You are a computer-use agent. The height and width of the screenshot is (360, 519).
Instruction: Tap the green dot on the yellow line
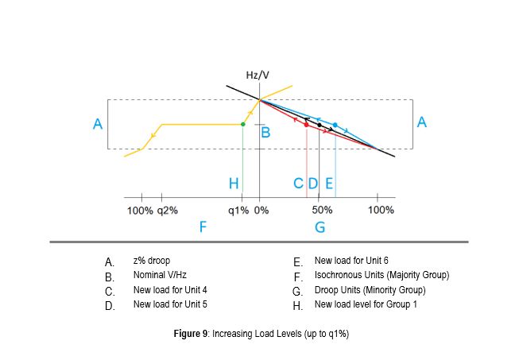(x=242, y=124)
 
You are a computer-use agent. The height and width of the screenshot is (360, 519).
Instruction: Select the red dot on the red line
(x=306, y=125)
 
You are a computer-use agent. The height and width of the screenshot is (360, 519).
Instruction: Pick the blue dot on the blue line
(x=335, y=125)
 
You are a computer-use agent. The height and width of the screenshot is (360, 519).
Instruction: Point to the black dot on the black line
(x=320, y=125)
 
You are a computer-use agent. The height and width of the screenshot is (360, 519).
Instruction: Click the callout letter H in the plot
(x=234, y=184)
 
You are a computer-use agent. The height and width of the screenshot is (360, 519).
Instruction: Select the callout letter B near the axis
(x=267, y=133)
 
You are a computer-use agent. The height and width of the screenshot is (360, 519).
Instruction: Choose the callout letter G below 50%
(x=320, y=227)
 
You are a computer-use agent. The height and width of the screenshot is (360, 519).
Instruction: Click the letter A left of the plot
(x=98, y=123)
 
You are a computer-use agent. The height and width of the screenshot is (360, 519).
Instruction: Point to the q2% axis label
(x=168, y=211)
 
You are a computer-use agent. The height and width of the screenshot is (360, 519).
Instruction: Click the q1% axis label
(x=238, y=211)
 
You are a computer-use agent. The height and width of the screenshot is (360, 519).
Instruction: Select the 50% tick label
(x=322, y=211)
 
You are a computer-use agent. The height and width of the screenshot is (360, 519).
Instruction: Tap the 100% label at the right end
(x=381, y=211)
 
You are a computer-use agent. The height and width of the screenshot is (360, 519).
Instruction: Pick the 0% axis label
(x=262, y=211)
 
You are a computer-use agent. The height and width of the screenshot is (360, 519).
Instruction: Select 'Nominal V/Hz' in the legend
(x=159, y=276)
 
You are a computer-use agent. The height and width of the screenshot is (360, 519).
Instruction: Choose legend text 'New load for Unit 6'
(x=351, y=261)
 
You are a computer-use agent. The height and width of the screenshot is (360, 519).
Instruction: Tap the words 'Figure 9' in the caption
(x=191, y=334)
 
